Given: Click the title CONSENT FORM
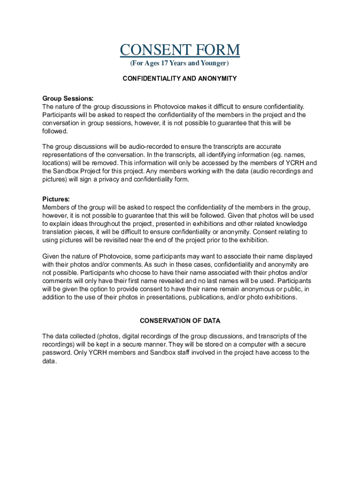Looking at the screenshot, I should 180,50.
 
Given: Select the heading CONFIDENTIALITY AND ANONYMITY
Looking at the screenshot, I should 180,79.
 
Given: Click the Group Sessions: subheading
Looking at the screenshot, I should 68,98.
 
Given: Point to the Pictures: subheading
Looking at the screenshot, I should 56,199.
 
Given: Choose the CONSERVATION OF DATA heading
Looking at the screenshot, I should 180,321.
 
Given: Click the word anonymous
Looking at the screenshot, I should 222,289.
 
